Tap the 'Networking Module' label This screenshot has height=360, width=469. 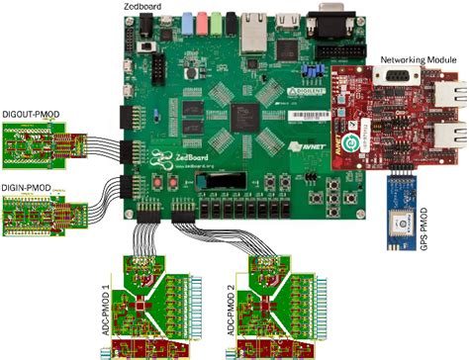419,61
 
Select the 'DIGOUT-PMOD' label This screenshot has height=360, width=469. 30,115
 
